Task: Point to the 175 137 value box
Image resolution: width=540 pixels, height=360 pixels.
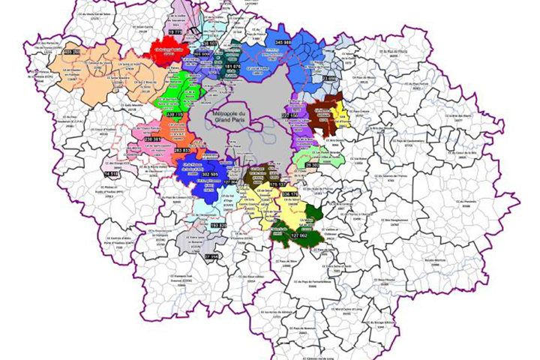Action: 277,182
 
